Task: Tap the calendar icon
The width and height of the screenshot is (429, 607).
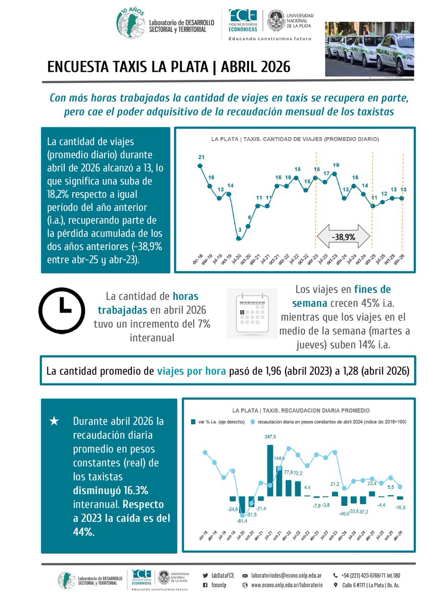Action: (x=251, y=313)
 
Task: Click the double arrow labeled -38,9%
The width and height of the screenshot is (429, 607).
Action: (x=343, y=236)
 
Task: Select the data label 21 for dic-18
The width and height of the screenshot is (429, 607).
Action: (x=201, y=157)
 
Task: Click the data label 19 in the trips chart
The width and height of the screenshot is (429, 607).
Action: (x=336, y=165)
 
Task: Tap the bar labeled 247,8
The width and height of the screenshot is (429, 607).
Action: (x=270, y=470)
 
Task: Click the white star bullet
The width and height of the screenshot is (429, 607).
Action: (x=55, y=421)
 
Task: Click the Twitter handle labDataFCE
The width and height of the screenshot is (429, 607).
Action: (x=221, y=576)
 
